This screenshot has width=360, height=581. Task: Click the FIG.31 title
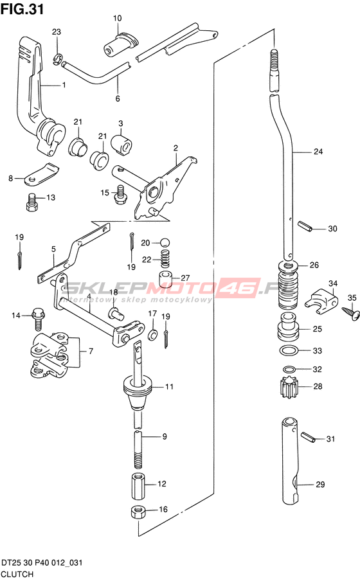tap(22, 8)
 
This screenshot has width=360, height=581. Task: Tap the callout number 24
tap(318, 151)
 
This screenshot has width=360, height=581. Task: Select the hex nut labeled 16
tap(138, 513)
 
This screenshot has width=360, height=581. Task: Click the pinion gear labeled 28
tap(287, 387)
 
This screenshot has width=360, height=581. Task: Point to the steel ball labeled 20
tap(165, 243)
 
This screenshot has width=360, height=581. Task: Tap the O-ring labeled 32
tap(289, 369)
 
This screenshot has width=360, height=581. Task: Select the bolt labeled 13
tap(33, 202)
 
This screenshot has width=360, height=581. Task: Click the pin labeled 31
tap(308, 437)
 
